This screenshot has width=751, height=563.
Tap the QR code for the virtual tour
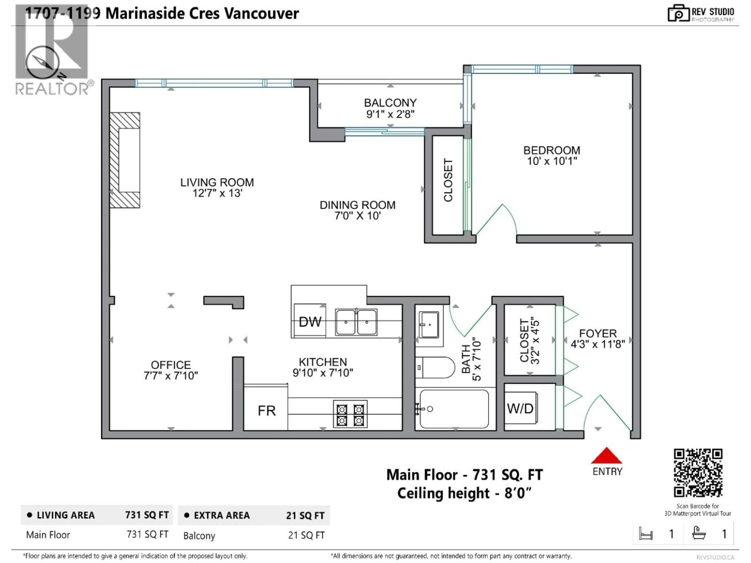click(x=698, y=473)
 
